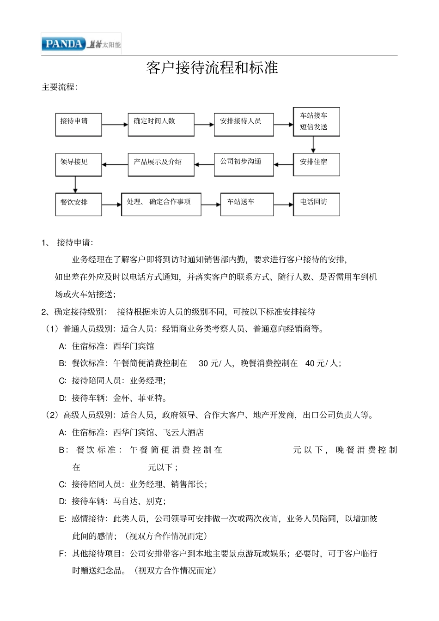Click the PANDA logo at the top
(x=64, y=44)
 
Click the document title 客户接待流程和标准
(x=212, y=68)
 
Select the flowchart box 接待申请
(x=79, y=124)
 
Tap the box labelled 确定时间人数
(x=161, y=124)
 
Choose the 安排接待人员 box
(x=244, y=124)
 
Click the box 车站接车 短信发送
(x=317, y=121)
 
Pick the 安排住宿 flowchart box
(x=317, y=164)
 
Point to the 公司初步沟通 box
(x=244, y=164)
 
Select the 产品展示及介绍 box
(x=161, y=164)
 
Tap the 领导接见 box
(x=79, y=164)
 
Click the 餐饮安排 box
(x=79, y=204)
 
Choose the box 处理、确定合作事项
(x=161, y=204)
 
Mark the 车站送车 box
(x=247, y=204)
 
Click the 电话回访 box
(x=317, y=204)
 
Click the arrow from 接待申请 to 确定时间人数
(x=115, y=125)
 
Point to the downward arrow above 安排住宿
(x=313, y=145)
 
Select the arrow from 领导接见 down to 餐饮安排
(x=75, y=185)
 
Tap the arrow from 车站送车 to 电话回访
(x=283, y=205)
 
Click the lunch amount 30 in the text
(x=203, y=363)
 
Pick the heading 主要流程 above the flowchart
(x=60, y=87)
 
